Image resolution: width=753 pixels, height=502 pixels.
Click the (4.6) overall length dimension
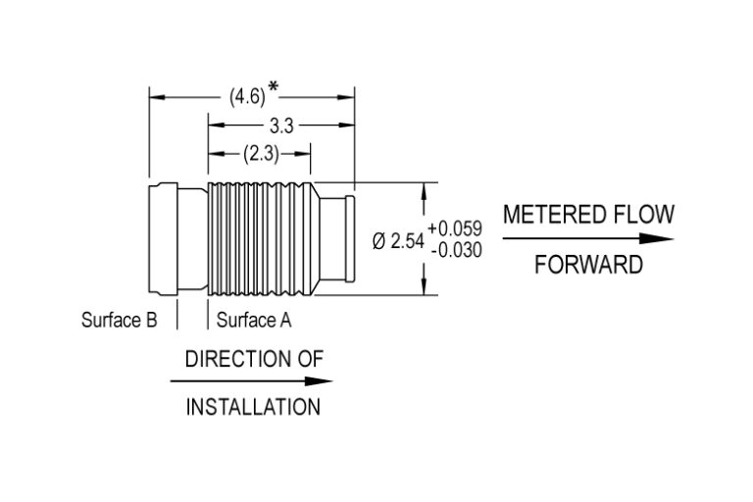coord(246,97)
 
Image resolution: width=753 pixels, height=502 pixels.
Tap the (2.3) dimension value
coord(261,153)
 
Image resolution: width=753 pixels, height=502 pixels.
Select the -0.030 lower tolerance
coord(455,250)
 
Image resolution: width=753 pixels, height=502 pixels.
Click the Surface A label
coord(254,320)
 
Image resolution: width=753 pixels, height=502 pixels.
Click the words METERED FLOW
coord(588,215)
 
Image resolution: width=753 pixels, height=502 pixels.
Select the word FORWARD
coord(588,266)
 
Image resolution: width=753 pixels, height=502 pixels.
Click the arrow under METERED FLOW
coord(588,239)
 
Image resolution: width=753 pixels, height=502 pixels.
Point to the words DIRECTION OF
coord(254,359)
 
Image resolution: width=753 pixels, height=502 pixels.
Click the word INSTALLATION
coord(253,407)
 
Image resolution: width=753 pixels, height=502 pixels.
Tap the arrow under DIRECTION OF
coord(253,382)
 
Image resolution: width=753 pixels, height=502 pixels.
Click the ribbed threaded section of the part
coord(260,239)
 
